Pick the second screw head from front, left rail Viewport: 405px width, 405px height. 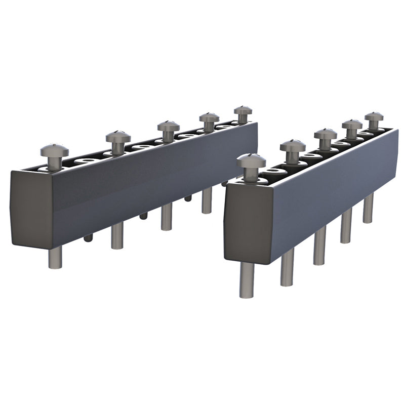click(x=118, y=137)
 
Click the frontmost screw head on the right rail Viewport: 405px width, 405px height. click(x=251, y=161)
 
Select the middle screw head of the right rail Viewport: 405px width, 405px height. click(x=325, y=134)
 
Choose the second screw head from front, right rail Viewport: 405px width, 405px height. click(x=293, y=146)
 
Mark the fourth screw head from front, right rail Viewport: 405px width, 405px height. click(x=352, y=124)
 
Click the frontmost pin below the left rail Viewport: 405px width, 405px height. click(x=55, y=256)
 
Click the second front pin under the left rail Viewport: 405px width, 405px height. click(x=117, y=235)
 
